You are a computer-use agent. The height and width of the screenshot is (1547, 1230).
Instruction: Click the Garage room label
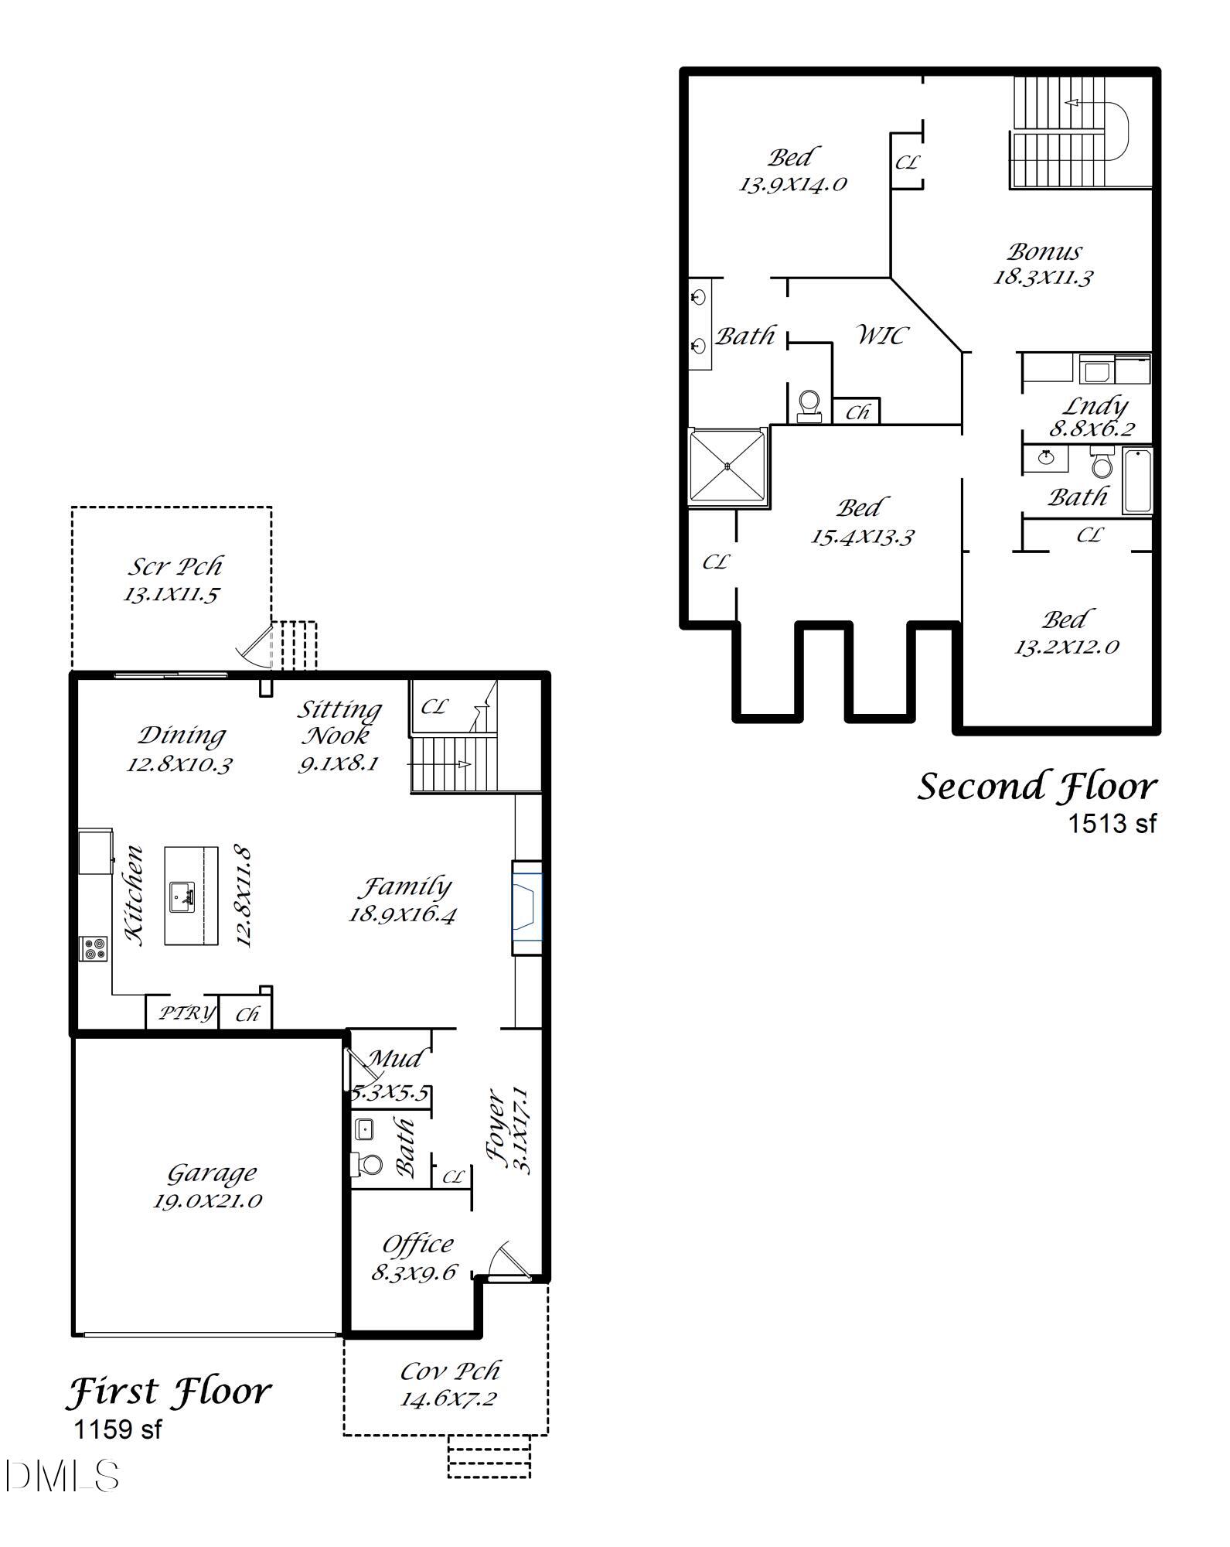tap(212, 1173)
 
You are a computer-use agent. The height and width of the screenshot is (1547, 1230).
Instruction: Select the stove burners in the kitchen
tap(94, 948)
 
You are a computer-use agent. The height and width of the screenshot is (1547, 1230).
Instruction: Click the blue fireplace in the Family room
tap(526, 907)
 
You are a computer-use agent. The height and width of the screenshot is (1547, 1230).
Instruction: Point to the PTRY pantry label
tap(186, 1013)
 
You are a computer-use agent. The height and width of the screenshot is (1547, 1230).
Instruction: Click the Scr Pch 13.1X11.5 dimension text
tap(172, 595)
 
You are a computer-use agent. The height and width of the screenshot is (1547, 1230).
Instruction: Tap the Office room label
tap(417, 1245)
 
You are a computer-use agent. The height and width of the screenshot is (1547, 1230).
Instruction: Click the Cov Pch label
tap(450, 1371)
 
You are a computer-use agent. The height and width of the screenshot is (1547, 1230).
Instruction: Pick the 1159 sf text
tap(118, 1429)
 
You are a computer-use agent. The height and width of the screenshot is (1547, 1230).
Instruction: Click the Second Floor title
tap(1037, 787)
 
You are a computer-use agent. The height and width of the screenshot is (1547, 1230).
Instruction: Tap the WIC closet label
tap(881, 335)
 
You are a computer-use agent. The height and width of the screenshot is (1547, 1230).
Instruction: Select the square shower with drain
tap(727, 466)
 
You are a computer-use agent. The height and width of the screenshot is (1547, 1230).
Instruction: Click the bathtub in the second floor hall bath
tap(1137, 480)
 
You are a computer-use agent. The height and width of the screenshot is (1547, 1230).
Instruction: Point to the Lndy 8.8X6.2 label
tap(1092, 417)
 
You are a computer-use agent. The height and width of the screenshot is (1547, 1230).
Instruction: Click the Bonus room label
tap(1044, 251)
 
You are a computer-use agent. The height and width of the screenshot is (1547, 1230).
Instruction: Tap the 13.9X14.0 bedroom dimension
tap(793, 185)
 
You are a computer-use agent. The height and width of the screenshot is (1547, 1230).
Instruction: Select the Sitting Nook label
tap(339, 722)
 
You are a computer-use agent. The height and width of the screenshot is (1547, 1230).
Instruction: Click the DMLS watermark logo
tap(62, 1476)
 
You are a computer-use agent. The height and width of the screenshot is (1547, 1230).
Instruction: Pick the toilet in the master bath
tap(809, 405)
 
